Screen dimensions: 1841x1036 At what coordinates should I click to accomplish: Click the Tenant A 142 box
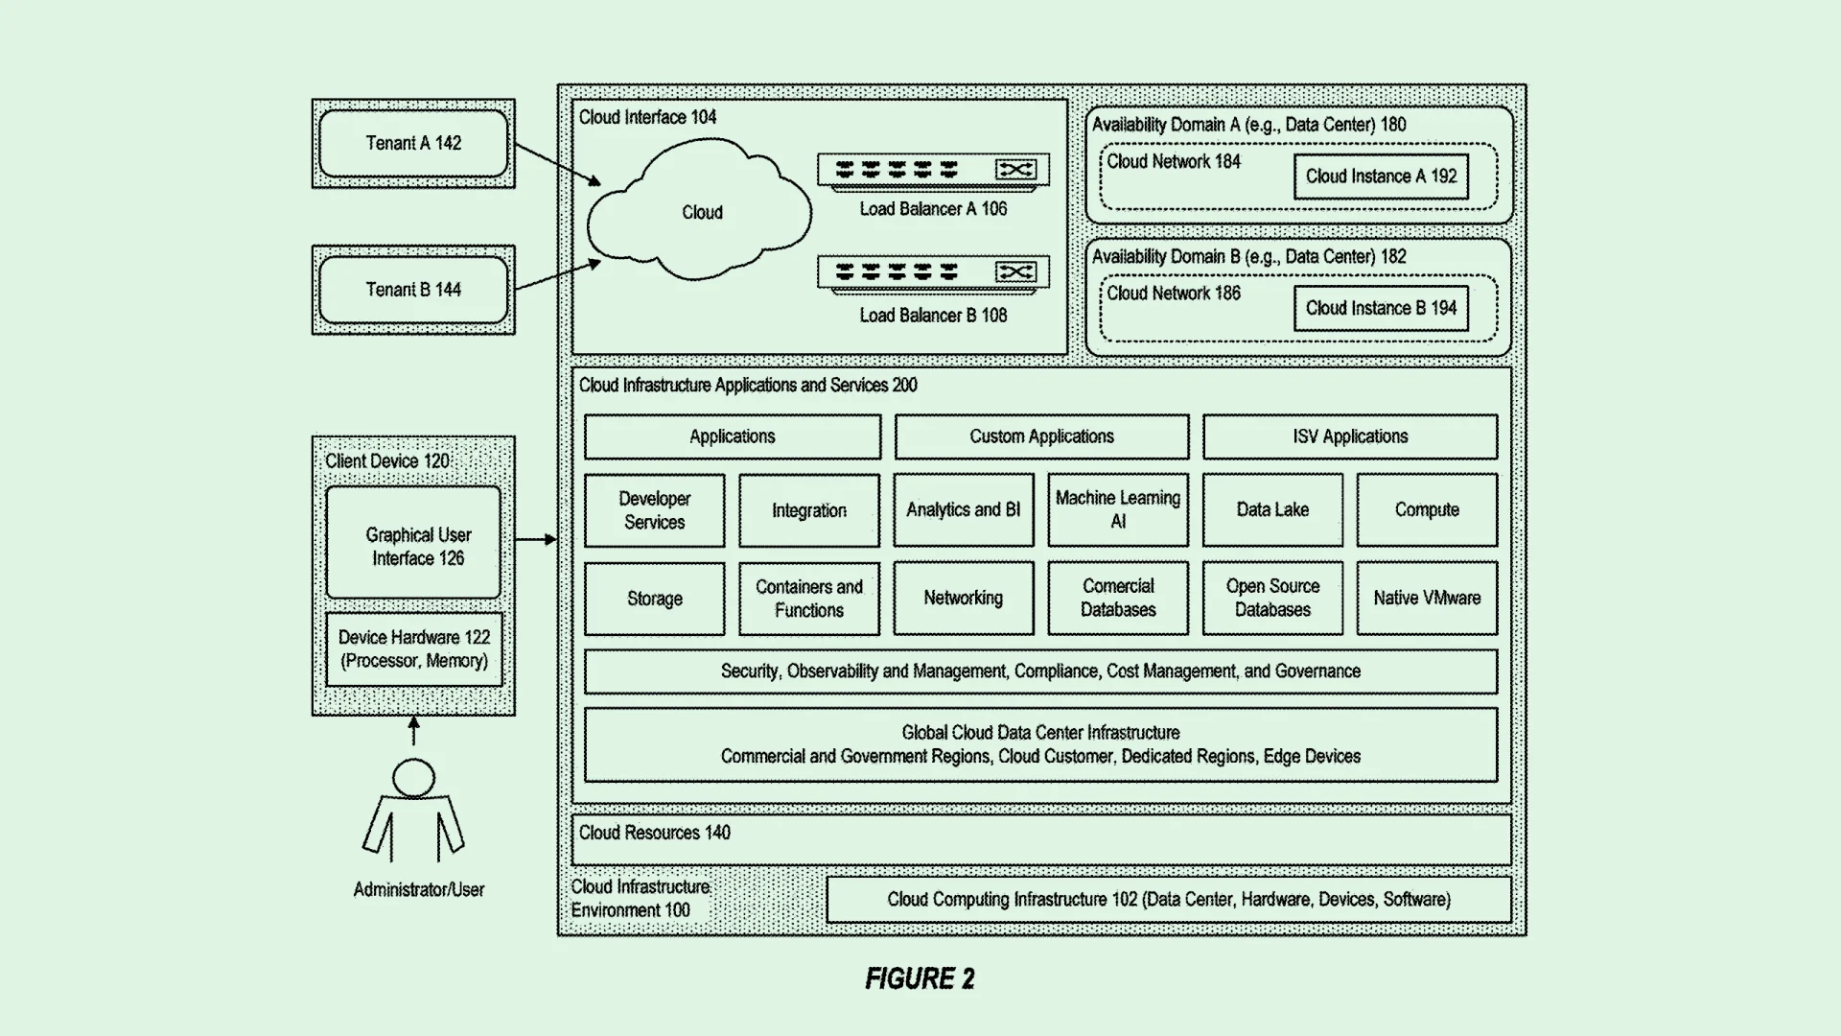413,143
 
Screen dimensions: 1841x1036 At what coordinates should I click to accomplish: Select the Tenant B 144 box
413,290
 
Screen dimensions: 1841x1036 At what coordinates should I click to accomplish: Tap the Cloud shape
699,210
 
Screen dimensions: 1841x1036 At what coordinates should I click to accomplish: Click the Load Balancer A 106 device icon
933,171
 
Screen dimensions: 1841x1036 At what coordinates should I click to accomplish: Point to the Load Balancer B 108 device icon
933,273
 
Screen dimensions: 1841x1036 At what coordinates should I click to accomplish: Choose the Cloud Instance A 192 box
1381,177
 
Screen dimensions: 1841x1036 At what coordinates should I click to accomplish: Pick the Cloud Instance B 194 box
1381,308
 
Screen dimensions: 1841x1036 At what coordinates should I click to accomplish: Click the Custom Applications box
1041,436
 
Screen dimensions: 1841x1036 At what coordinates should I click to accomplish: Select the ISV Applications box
1350,436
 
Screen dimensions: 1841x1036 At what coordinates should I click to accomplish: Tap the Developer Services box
655,510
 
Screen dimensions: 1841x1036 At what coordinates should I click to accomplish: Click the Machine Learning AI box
1118,510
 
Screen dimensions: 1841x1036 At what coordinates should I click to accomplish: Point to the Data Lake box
1272,510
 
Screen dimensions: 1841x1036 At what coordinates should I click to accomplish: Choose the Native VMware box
1427,599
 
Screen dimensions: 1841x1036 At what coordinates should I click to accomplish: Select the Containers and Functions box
809,599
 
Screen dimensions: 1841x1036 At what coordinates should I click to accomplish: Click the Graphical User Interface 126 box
413,543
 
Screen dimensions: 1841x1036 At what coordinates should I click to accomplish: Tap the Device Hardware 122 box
414,649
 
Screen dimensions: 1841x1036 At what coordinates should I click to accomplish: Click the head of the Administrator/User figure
414,778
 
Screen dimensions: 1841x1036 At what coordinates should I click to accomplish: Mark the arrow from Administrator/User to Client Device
414,731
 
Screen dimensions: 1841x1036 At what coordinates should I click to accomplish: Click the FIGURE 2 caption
920,978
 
